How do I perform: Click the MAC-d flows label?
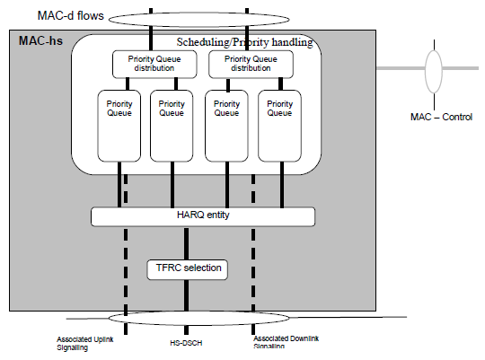[x=71, y=15]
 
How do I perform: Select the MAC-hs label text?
[x=40, y=40]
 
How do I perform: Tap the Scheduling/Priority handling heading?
[x=244, y=42]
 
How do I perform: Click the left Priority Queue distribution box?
[x=154, y=64]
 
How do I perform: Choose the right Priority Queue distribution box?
[x=251, y=64]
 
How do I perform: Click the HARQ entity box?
[x=203, y=216]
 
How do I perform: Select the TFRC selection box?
[x=188, y=269]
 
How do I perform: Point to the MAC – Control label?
[x=441, y=117]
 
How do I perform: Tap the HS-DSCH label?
[x=186, y=343]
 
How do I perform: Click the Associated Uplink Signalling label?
[x=85, y=343]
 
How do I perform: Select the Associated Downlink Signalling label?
[x=287, y=342]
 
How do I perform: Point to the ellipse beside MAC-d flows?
[x=198, y=13]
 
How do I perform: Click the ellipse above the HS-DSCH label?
[x=198, y=312]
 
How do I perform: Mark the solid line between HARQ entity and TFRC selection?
[x=186, y=243]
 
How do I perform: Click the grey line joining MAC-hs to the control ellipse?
[x=401, y=68]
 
